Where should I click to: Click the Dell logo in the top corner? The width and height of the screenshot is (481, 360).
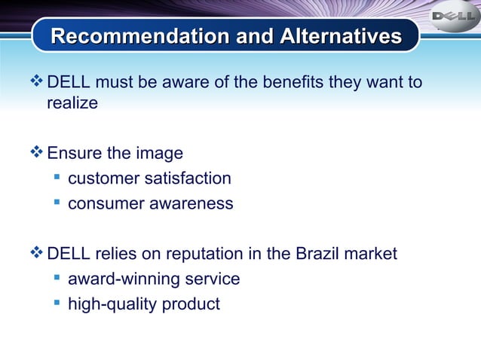point(454,17)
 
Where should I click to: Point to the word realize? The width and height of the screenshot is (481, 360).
point(72,103)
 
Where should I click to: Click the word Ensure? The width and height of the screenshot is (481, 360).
point(74,154)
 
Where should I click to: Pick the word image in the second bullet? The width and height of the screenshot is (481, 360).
point(159,154)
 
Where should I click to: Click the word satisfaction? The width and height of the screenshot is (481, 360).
point(188,178)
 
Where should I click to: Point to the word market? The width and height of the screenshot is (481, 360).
point(370,254)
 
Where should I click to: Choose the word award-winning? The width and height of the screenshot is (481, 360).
point(121,279)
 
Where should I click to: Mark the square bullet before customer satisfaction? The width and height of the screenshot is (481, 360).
point(57,178)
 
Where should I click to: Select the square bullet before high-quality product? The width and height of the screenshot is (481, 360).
point(57,304)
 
